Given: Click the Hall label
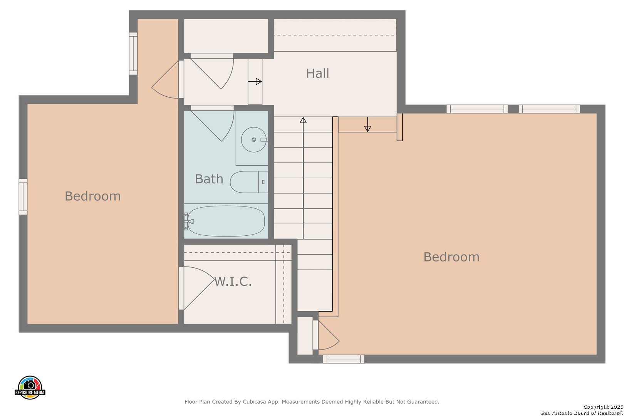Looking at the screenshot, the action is [x=317, y=74].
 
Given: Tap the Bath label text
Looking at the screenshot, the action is [x=209, y=179].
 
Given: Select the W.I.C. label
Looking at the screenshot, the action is [x=233, y=282].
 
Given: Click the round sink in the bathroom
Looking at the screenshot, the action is [x=253, y=139].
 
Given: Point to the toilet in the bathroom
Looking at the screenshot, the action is [x=249, y=182].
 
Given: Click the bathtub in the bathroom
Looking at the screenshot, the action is [x=226, y=221].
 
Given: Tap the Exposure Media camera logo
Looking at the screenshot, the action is [x=30, y=387].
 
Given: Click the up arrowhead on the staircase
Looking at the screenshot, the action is [x=303, y=120].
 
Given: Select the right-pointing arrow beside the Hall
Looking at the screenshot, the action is [x=255, y=81].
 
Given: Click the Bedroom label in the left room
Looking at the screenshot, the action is [x=93, y=196].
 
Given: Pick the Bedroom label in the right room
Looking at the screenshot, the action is [x=451, y=257].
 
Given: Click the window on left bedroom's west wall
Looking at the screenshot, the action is [x=23, y=197].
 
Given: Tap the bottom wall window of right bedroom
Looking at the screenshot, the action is [x=344, y=359].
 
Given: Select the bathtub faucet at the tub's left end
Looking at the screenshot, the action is [x=191, y=221].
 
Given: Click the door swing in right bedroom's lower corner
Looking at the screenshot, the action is [x=329, y=335].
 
